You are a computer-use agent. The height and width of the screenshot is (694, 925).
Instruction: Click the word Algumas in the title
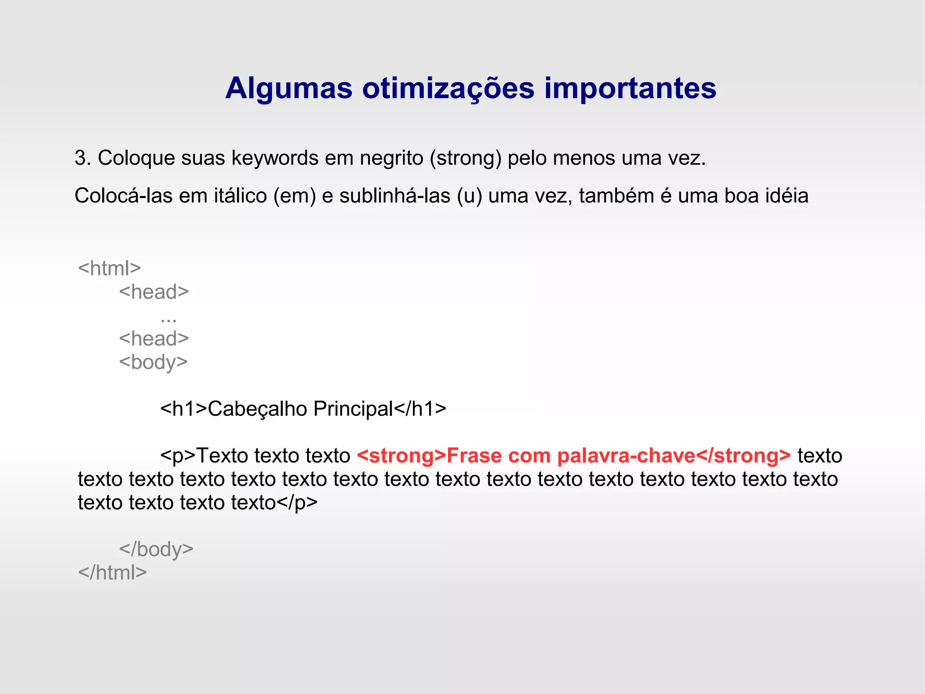coord(289,88)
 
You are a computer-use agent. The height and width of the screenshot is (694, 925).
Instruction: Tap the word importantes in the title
coord(630,89)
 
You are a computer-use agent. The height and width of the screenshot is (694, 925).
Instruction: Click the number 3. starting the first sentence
coord(83,158)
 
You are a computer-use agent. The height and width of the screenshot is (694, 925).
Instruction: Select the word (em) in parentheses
coord(294,196)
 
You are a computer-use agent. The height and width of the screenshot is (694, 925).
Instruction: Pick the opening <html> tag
coord(109,269)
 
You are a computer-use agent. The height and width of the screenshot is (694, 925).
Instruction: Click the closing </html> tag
coord(112,573)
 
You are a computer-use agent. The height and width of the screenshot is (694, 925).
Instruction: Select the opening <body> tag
coord(153,363)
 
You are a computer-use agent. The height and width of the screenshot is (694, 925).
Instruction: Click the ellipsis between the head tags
coord(168,319)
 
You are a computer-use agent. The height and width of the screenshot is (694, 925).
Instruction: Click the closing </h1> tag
coord(420,409)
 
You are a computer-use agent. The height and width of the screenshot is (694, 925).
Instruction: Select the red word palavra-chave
coord(626,456)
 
